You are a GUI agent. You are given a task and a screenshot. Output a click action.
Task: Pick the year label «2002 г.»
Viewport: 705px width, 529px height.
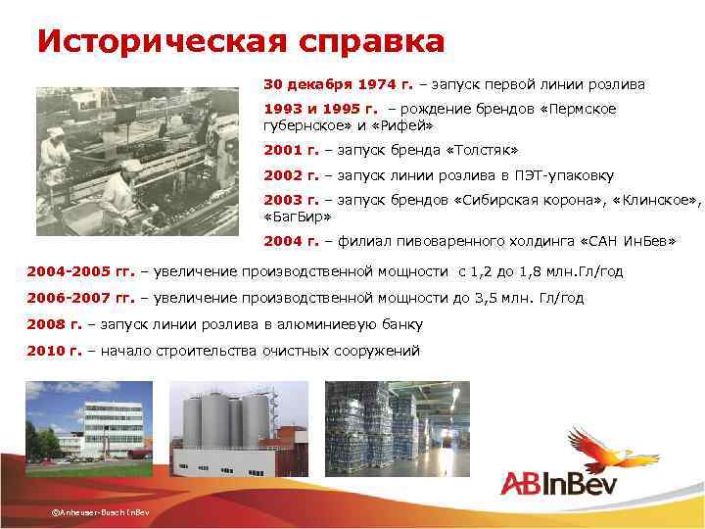(291, 175)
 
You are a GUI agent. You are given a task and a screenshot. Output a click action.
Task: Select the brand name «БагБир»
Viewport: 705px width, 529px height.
(299, 216)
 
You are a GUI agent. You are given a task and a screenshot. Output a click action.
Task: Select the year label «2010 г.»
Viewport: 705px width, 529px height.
(54, 350)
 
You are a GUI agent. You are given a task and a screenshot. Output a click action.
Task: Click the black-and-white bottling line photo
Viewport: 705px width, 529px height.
(137, 161)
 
